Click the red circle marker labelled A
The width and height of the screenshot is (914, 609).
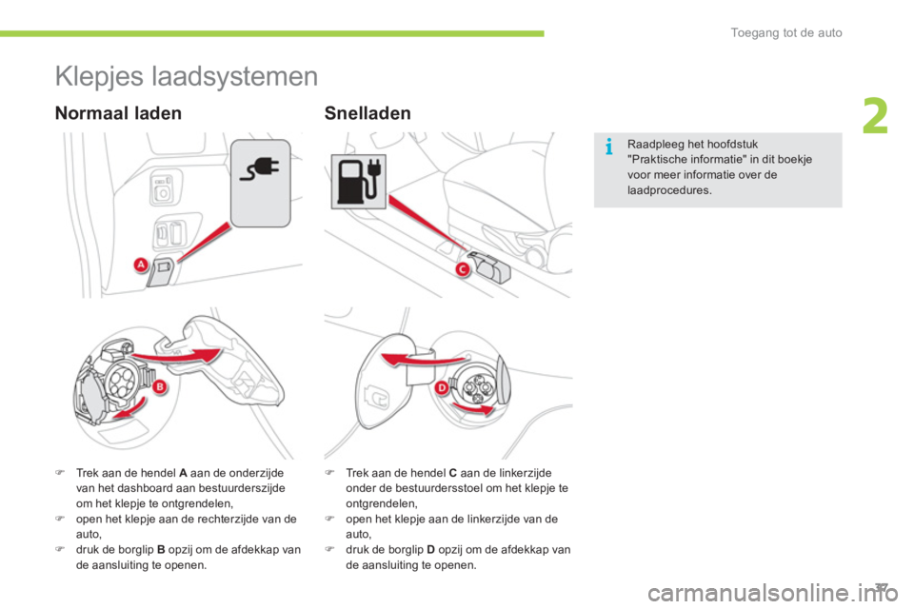click(141, 265)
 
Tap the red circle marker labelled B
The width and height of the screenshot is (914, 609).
click(159, 387)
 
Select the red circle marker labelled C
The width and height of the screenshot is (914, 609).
click(463, 269)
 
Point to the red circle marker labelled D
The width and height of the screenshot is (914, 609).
click(442, 388)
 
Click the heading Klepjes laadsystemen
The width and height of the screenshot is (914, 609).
click(187, 76)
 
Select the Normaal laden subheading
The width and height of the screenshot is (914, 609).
click(118, 112)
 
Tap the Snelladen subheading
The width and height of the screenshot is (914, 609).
click(368, 112)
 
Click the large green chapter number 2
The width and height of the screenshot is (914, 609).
click(875, 116)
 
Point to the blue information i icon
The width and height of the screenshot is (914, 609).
click(609, 147)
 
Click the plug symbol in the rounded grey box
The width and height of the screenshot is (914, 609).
click(261, 168)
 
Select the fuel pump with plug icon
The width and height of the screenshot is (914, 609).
click(359, 181)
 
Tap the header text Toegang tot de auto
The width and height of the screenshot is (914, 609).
click(786, 32)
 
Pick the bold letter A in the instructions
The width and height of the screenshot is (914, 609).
click(183, 473)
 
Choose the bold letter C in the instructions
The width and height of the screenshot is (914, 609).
click(453, 473)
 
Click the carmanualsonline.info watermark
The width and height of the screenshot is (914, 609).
click(773, 593)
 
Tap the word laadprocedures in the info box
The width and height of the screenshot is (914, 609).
click(669, 190)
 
